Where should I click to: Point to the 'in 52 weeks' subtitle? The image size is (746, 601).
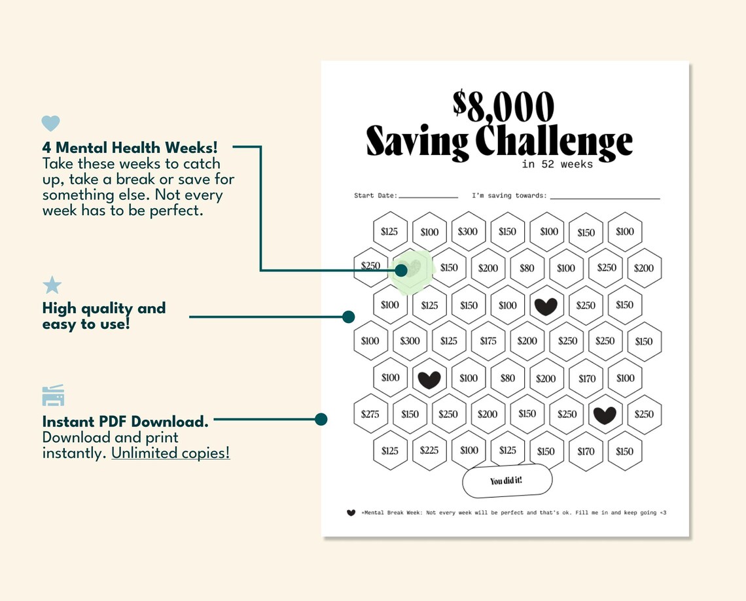pos(558,164)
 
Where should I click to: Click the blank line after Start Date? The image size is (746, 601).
pos(428,196)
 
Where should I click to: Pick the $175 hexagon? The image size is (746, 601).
pos(488,341)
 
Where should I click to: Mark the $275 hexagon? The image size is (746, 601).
pos(370,414)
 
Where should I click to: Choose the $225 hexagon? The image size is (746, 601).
pos(429,451)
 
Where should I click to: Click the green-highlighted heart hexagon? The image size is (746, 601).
pos(410,269)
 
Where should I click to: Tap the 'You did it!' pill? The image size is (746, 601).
pos(506,481)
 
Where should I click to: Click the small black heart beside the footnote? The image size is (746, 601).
pos(351,513)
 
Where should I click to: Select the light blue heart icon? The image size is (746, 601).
pos(50,123)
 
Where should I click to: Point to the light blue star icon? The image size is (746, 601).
pos(52,285)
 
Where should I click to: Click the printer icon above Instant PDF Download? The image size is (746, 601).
pos(53,396)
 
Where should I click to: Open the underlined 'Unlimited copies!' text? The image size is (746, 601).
pos(171,453)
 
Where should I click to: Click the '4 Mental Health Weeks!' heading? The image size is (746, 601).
pos(130,148)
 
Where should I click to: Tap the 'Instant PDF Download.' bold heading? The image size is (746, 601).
pos(125,421)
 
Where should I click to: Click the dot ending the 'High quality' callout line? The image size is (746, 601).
pos(349,317)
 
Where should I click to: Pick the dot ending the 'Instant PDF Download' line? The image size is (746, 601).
pos(321,419)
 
